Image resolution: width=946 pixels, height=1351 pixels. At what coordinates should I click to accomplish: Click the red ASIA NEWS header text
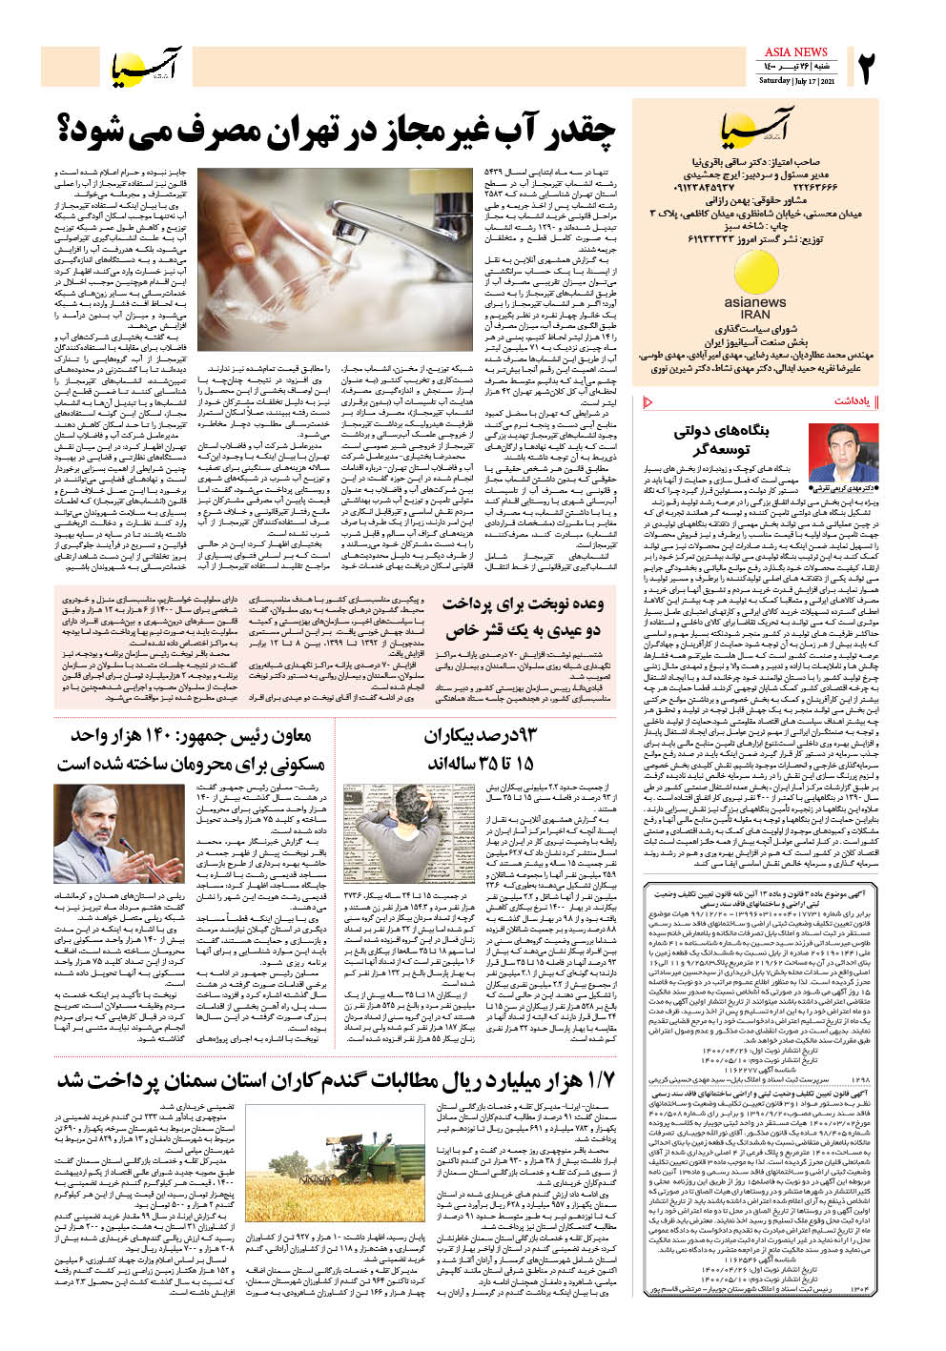click(796, 52)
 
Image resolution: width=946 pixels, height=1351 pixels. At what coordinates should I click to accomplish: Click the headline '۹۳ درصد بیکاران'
click(481, 736)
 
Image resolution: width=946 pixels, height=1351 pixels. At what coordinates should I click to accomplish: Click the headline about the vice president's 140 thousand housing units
click(191, 749)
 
